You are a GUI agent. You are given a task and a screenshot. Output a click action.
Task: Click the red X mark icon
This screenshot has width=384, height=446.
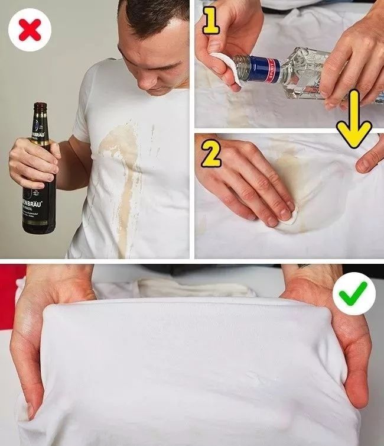pyautogui.click(x=30, y=30)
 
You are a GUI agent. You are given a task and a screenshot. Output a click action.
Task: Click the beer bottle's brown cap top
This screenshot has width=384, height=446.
pyautogui.click(x=40, y=106)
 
